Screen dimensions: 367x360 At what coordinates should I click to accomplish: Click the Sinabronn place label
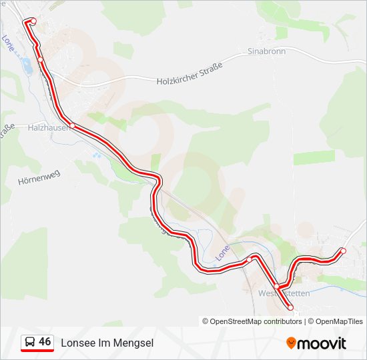click(266, 51)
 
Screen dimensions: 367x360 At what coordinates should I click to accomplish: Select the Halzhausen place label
click(48, 127)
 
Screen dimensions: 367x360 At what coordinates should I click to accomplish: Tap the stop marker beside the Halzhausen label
click(73, 125)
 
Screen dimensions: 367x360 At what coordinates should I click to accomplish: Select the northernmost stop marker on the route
click(33, 21)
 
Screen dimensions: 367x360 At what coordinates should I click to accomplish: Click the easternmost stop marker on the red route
click(343, 251)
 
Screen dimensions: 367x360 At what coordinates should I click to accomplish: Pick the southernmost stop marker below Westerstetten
click(290, 307)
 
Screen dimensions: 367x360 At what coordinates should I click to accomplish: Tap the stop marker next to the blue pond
click(41, 60)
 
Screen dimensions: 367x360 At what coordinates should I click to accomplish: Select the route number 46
click(45, 342)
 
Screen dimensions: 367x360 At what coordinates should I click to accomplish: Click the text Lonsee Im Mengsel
click(107, 343)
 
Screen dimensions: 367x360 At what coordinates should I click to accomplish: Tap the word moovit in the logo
click(322, 343)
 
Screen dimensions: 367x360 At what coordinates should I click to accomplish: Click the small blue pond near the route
click(27, 66)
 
